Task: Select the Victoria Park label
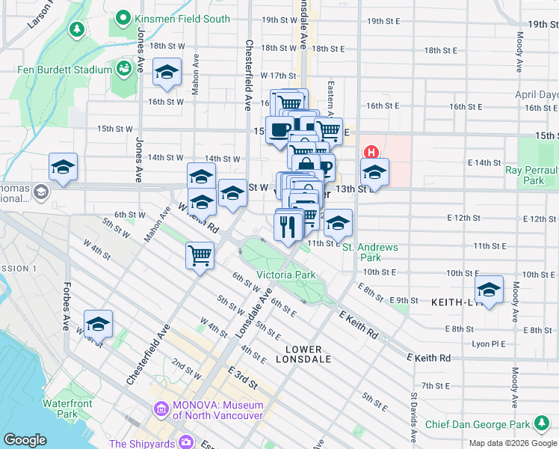coord(286,275)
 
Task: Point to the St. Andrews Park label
coord(371,252)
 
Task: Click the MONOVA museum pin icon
coord(160,409)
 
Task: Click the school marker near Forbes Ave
coord(98,324)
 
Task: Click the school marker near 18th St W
coord(167,73)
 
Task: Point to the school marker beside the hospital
coord(374,172)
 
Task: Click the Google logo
coord(25,440)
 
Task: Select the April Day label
coord(537,95)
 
